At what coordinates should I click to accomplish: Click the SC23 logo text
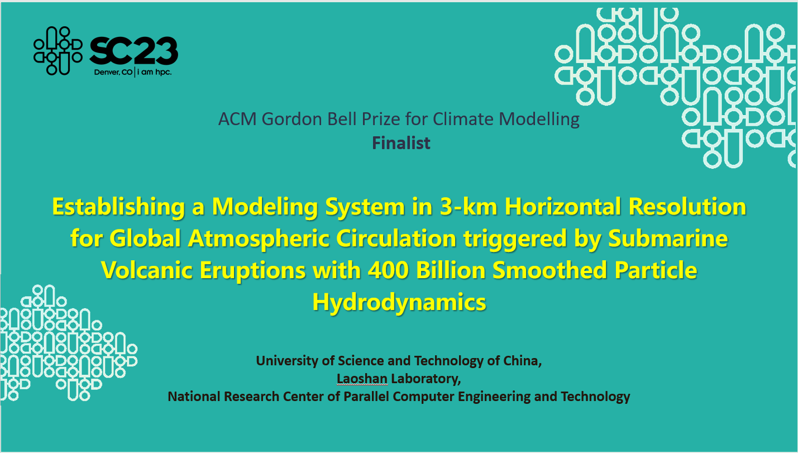point(133,51)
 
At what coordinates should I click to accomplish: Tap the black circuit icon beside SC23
point(58,51)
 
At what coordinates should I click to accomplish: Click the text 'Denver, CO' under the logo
point(113,73)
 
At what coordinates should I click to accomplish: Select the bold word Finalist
point(401,143)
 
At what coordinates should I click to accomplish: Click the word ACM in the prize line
point(237,119)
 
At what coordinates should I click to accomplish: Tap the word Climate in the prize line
point(462,119)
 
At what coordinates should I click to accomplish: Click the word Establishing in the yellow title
point(118,207)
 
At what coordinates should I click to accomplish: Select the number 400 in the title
point(388,270)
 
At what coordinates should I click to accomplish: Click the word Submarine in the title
point(668,239)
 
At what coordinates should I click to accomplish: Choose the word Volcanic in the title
point(147,270)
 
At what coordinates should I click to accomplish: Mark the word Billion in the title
point(450,270)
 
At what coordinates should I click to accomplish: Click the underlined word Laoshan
point(362,379)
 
